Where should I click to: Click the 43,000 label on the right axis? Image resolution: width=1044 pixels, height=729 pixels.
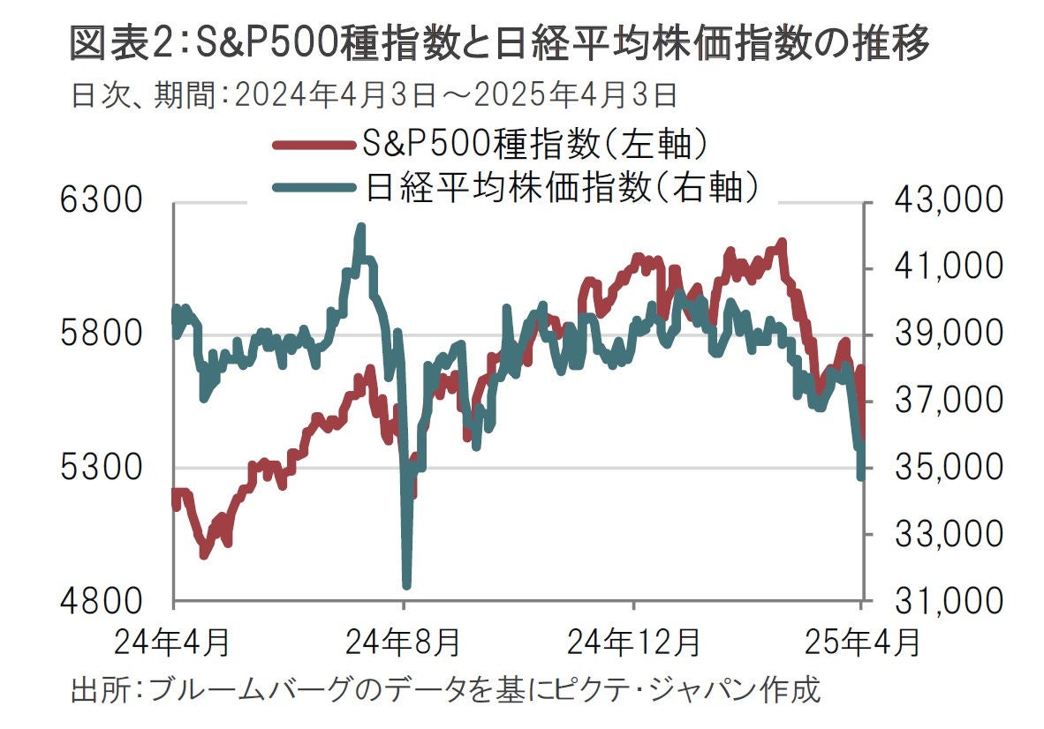pyautogui.click(x=950, y=201)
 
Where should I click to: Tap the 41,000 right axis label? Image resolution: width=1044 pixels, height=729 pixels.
pyautogui.click(x=950, y=267)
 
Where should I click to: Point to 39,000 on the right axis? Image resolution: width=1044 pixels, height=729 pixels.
pyautogui.click(x=950, y=334)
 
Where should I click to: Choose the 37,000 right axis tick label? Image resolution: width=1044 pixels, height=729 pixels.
pyautogui.click(x=950, y=401)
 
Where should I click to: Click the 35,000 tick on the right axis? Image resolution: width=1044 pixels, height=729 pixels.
pyautogui.click(x=950, y=468)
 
